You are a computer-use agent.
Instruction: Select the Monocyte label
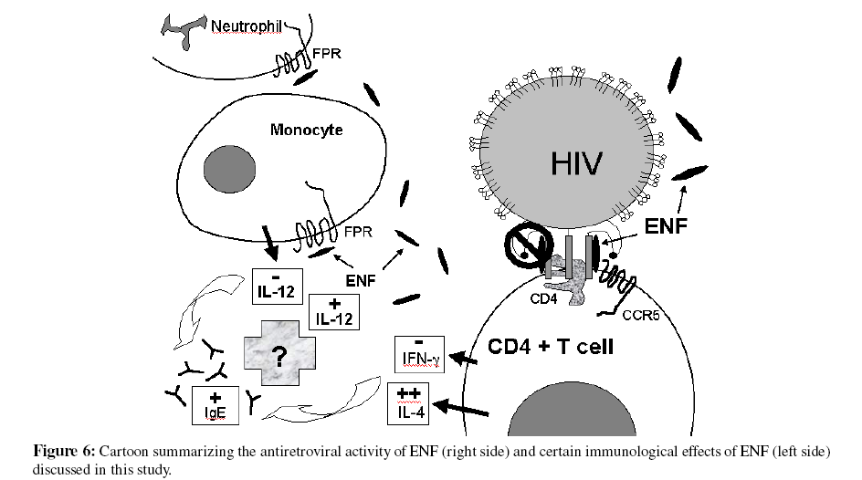307,130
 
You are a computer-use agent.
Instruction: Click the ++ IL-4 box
409,401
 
